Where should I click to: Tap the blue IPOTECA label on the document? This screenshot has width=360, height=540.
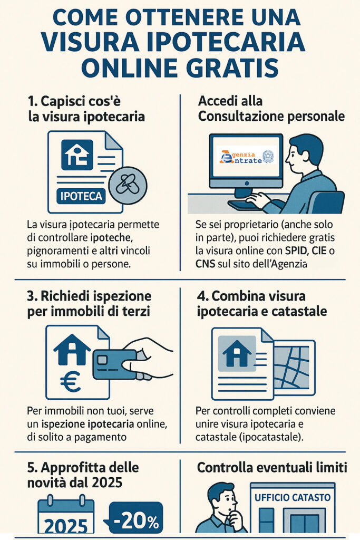(x=81, y=197)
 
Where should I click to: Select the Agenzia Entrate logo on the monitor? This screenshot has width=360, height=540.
(x=246, y=157)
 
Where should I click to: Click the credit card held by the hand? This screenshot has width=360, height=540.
(x=114, y=364)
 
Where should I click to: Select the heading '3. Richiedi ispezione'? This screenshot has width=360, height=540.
(x=89, y=295)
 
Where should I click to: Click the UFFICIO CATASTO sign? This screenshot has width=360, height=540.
(x=293, y=497)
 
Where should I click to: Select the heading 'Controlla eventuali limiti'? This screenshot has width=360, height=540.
(x=272, y=467)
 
